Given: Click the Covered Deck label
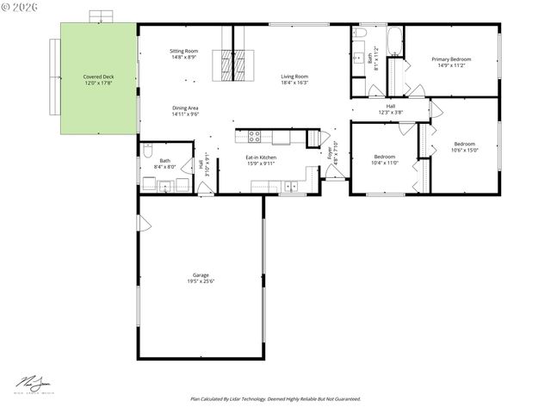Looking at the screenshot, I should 98,77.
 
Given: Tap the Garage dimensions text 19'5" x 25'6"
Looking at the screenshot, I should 200,280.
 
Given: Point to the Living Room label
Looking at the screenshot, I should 294,77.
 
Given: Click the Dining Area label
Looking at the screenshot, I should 185,108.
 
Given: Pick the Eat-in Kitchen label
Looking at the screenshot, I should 261,157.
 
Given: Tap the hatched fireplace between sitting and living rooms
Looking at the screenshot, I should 234,64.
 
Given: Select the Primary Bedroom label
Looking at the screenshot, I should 452,59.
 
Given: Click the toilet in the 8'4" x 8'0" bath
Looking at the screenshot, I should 148,152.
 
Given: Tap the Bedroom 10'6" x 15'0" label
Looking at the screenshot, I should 464,144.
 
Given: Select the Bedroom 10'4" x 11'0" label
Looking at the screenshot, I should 384,157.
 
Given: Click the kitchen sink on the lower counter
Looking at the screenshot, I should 290,185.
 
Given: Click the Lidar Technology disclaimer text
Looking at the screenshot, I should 275,399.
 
